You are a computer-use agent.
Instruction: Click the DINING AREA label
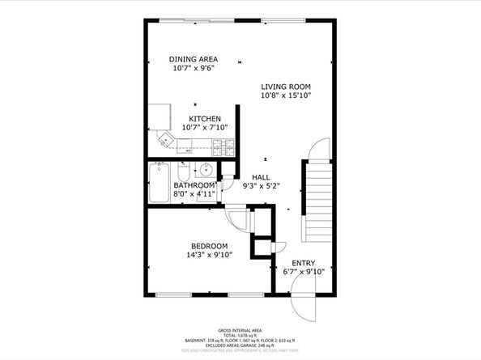pyautogui.click(x=193, y=59)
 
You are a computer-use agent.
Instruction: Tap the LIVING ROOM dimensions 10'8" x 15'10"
pyautogui.click(x=286, y=95)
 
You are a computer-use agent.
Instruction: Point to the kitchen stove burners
pyautogui.click(x=224, y=146)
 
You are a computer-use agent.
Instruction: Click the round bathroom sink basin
pyautogui.click(x=206, y=169)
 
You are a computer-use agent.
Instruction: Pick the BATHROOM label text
pyautogui.click(x=194, y=185)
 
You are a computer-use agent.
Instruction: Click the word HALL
pyautogui.click(x=261, y=177)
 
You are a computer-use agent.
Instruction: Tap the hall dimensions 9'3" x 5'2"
pyautogui.click(x=261, y=186)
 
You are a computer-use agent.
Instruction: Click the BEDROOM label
pyautogui.click(x=209, y=246)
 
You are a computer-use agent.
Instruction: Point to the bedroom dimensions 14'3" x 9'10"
pyautogui.click(x=209, y=255)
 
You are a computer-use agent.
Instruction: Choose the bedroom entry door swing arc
pyautogui.click(x=236, y=220)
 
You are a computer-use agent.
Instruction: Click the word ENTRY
pyautogui.click(x=304, y=263)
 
